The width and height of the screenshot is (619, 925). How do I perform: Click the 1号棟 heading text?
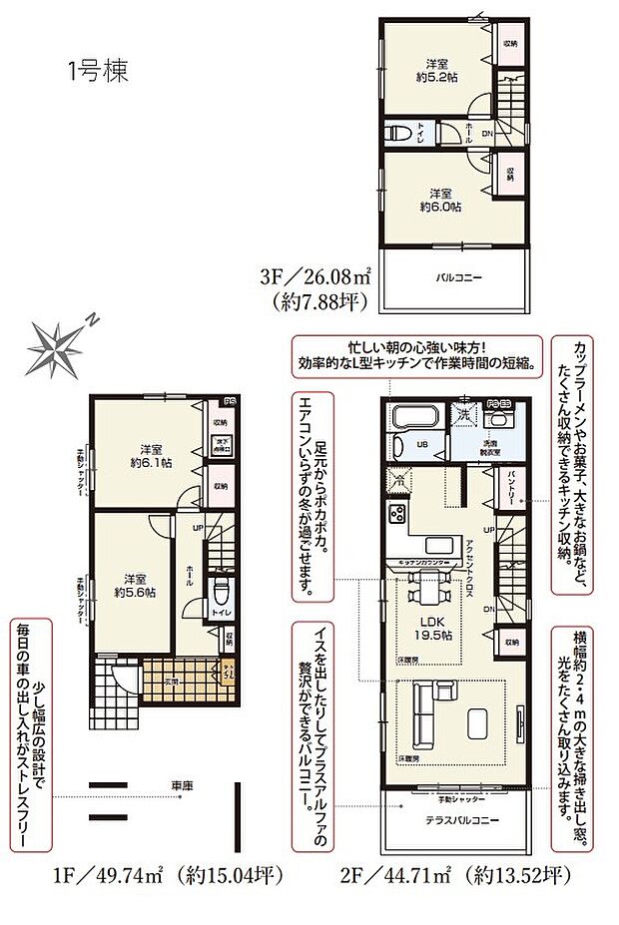pos(98,72)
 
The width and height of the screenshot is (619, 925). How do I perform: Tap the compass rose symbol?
pos(62,349)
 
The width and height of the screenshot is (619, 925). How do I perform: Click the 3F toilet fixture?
pos(400,133)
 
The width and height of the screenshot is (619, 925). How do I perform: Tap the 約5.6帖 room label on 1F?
pos(134,585)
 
